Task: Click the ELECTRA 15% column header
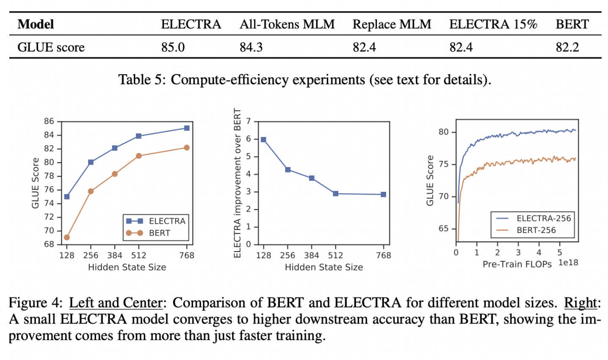(x=493, y=24)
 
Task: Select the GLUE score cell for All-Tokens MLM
(x=251, y=47)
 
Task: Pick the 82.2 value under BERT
(x=567, y=47)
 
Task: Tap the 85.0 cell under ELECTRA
(x=173, y=47)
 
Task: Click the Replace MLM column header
(x=392, y=24)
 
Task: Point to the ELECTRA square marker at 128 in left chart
(x=67, y=197)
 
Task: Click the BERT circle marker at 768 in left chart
(x=187, y=147)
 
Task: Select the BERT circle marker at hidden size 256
(x=91, y=191)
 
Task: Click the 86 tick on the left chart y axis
(x=49, y=121)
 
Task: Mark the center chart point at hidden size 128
(x=263, y=139)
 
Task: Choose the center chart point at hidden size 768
(x=384, y=194)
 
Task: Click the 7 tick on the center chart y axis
(x=249, y=122)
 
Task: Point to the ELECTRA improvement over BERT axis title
(x=237, y=183)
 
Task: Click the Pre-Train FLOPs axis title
(x=517, y=264)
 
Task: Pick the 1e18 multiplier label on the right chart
(x=568, y=263)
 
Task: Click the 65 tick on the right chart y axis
(x=444, y=229)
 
